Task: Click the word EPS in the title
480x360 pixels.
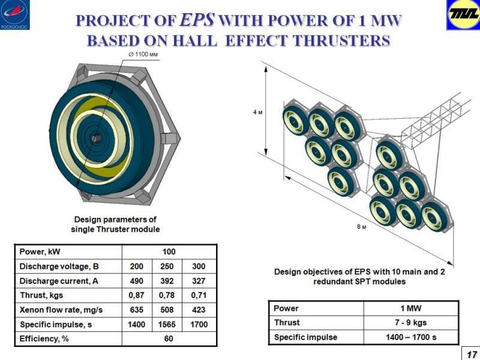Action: click(198, 20)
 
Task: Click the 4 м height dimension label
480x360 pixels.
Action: click(256, 112)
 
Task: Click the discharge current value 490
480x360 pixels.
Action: click(137, 280)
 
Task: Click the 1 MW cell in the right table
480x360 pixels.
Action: click(411, 308)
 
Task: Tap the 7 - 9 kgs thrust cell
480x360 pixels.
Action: click(411, 323)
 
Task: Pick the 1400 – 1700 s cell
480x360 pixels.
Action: click(411, 337)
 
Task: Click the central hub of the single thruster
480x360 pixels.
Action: click(95, 137)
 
